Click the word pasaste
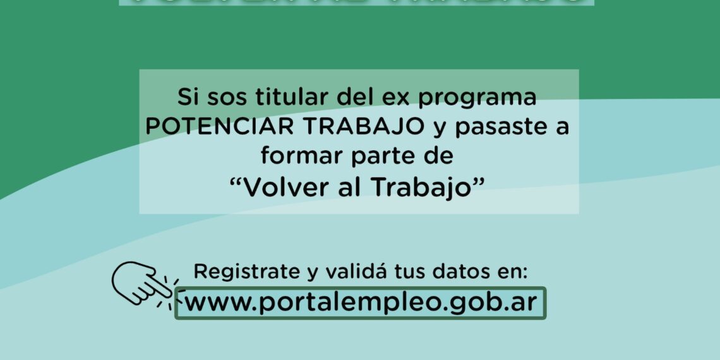[502, 126]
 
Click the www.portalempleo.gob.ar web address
[360, 303]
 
